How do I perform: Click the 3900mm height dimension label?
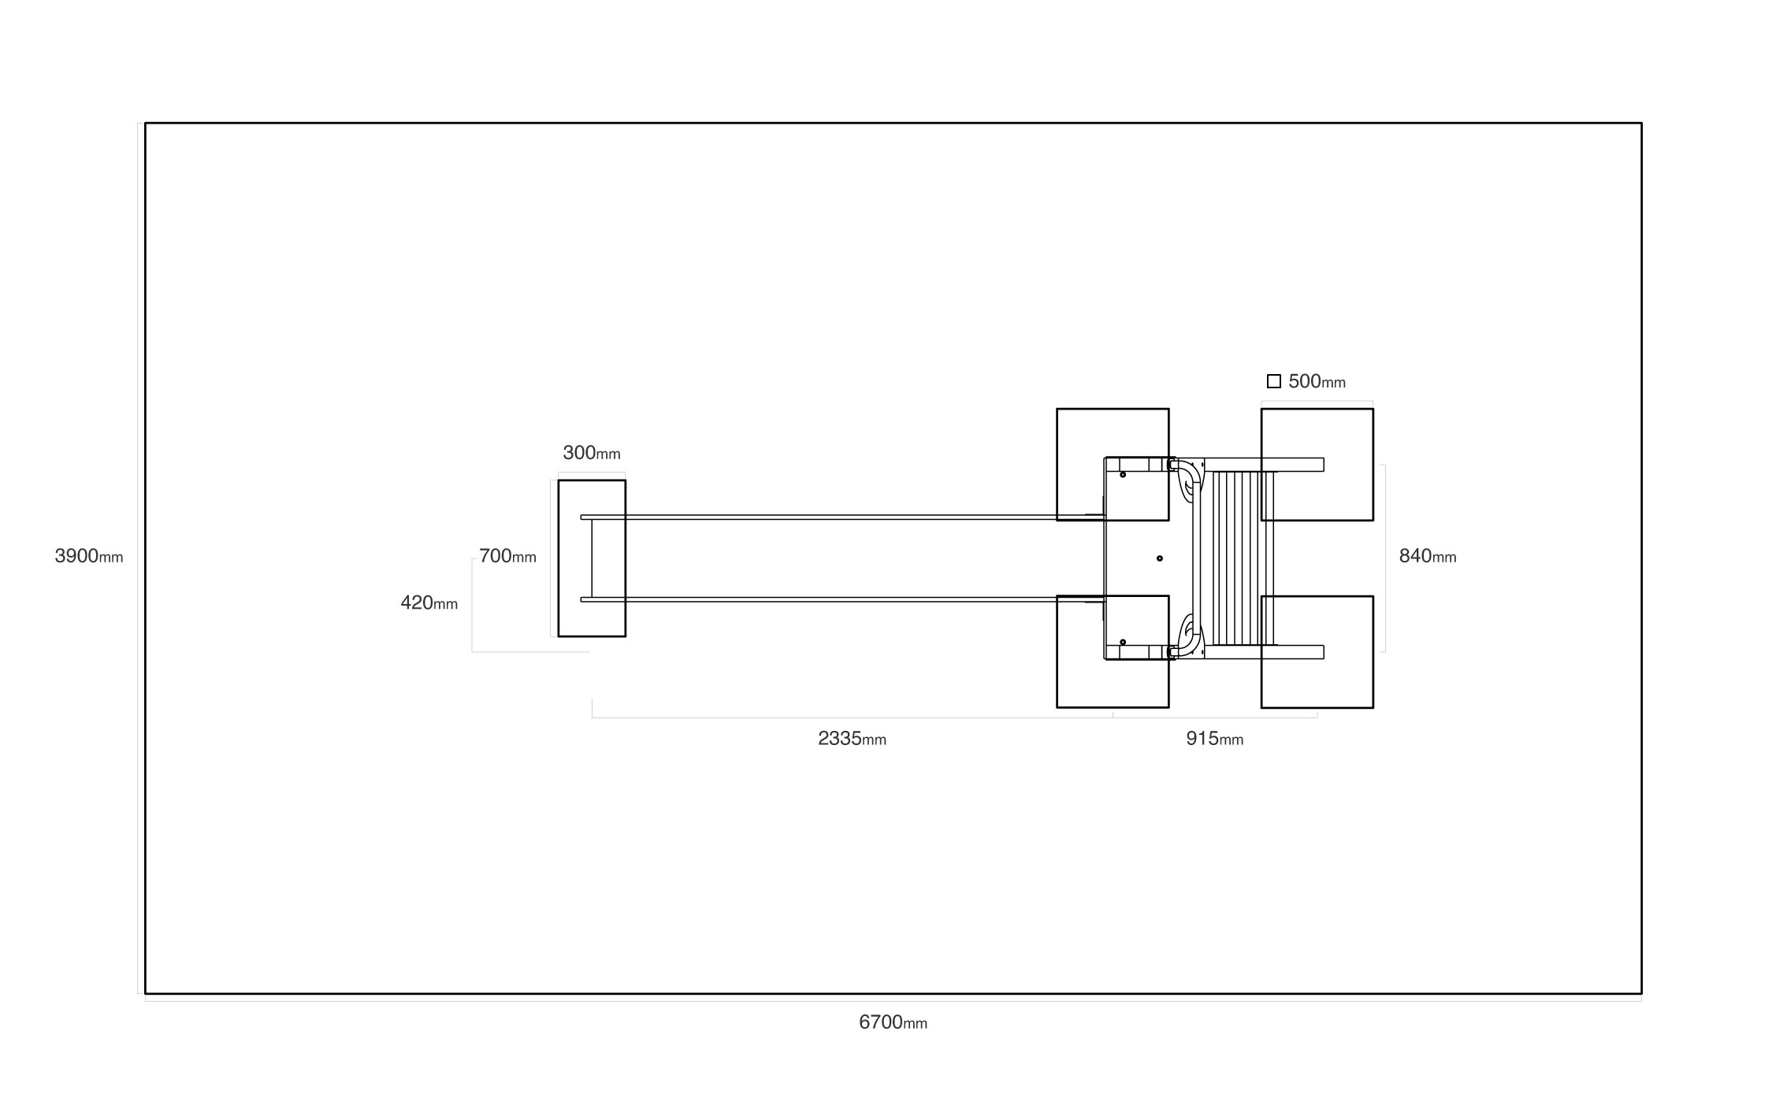tap(88, 556)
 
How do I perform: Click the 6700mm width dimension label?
tap(893, 1022)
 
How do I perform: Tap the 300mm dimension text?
tap(591, 453)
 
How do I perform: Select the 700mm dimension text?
tap(507, 556)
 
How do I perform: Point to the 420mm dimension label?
tap(429, 602)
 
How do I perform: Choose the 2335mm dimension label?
tap(852, 739)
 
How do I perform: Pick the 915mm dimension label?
tap(1214, 739)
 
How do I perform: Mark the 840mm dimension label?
tap(1427, 556)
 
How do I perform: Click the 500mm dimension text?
tap(1317, 381)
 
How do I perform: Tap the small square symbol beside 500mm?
tap(1273, 381)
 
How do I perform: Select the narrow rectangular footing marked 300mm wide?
tap(592, 558)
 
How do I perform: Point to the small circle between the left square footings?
tap(1159, 558)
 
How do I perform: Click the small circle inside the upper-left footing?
tap(1123, 475)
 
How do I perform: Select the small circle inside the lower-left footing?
tap(1123, 642)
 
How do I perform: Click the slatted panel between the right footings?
tap(1241, 558)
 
